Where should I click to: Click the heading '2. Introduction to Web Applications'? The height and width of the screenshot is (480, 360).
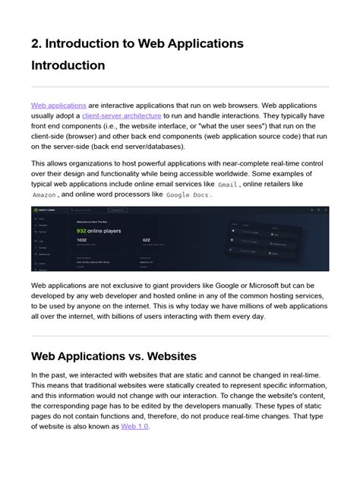coord(137,44)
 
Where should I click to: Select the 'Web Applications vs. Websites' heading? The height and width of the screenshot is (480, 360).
coord(114,355)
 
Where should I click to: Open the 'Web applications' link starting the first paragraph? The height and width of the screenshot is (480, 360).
coord(58,104)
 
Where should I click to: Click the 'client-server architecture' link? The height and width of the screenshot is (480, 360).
coord(121,115)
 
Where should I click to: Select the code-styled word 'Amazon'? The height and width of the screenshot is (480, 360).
coord(44,194)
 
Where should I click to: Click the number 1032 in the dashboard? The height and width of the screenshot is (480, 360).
coord(82,240)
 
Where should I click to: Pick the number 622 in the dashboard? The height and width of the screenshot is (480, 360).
coord(147,240)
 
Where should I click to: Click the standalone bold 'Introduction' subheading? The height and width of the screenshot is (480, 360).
coord(68,66)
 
